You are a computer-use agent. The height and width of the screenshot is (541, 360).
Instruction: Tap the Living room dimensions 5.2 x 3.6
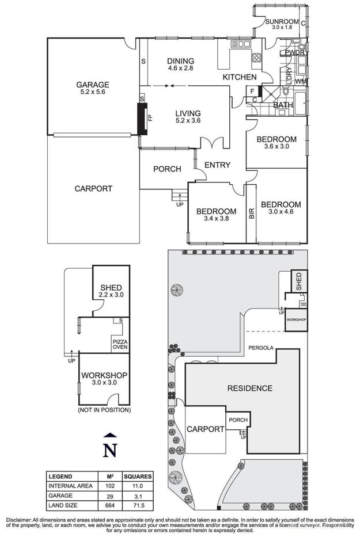tap(188, 121)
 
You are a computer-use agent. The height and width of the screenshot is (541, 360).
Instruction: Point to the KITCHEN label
tap(239, 77)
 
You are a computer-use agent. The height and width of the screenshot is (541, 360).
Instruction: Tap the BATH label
tap(283, 105)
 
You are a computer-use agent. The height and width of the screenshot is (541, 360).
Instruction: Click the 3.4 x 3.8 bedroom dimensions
tap(216, 219)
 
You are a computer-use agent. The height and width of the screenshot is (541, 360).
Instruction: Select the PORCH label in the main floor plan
tap(167, 169)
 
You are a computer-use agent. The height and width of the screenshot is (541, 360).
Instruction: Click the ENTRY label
tap(217, 165)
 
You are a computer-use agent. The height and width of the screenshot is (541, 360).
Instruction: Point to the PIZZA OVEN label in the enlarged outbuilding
tap(119, 344)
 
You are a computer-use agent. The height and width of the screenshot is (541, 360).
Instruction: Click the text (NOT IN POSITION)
tap(104, 410)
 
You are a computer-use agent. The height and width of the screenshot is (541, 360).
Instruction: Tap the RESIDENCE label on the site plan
tap(249, 388)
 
